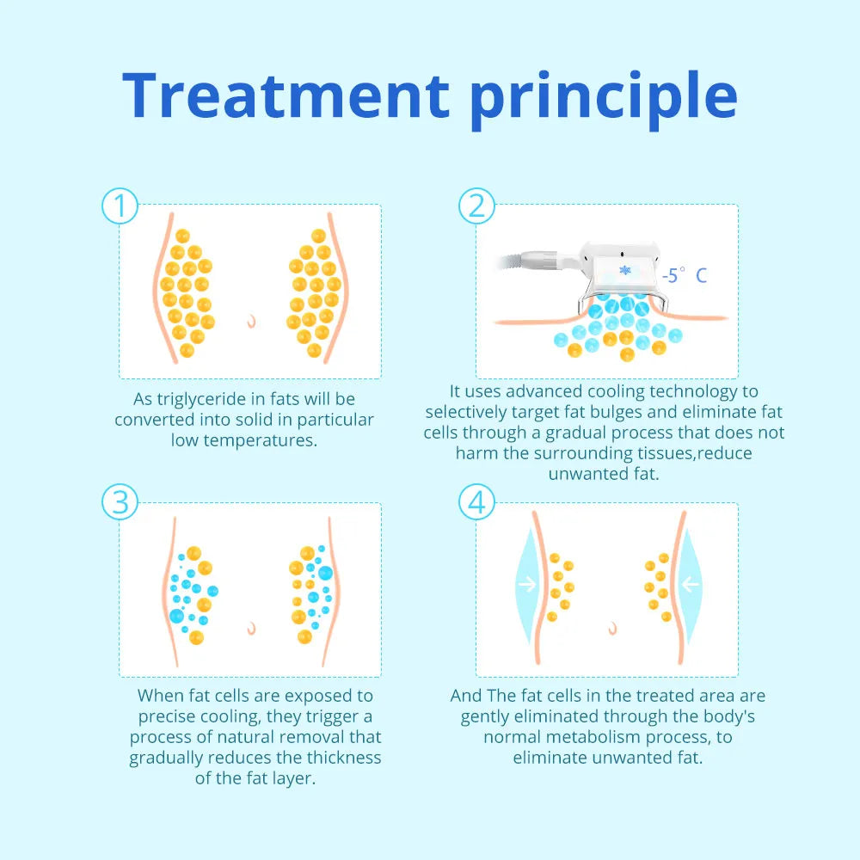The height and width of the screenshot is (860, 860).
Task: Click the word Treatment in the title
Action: (286, 95)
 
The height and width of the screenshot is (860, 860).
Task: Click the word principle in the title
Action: (604, 101)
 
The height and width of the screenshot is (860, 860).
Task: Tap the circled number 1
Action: (120, 206)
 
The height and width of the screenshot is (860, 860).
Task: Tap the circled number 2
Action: (476, 206)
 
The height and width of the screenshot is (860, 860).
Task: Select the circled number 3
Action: (120, 502)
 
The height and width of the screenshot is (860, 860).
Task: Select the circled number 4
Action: (476, 502)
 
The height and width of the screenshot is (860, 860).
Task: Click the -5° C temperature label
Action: (684, 275)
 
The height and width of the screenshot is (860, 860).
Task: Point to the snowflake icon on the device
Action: (624, 270)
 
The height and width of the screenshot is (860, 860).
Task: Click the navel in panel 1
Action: (251, 321)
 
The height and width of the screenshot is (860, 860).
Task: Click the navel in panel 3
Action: (251, 628)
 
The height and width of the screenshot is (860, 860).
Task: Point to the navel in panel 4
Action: (612, 628)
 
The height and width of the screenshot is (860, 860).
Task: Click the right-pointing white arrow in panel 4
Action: (528, 584)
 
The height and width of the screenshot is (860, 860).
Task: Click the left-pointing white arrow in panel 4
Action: (690, 584)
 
